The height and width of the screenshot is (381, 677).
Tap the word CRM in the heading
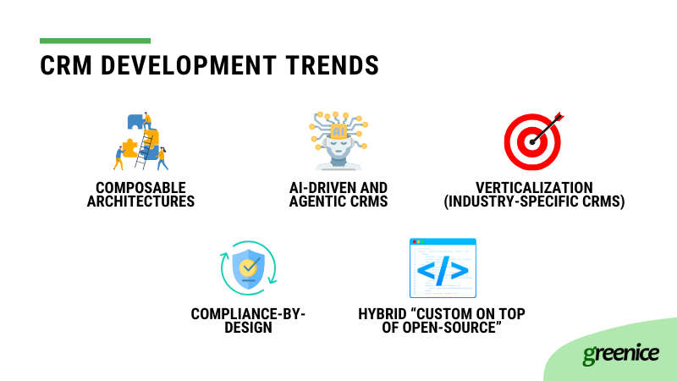[66, 66]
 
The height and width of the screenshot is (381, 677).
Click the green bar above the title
[95, 41]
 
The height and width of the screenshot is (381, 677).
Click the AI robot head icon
[338, 141]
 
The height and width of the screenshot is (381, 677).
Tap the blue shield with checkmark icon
[249, 268]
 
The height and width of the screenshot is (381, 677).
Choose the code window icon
[443, 268]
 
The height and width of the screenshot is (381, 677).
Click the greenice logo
[620, 354]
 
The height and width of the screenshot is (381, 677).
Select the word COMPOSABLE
[140, 187]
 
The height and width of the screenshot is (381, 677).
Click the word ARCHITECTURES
[140, 202]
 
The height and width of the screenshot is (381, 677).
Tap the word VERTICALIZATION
[533, 187]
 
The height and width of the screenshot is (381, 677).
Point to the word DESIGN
[248, 328]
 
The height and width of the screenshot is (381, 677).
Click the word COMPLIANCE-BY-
[248, 313]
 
